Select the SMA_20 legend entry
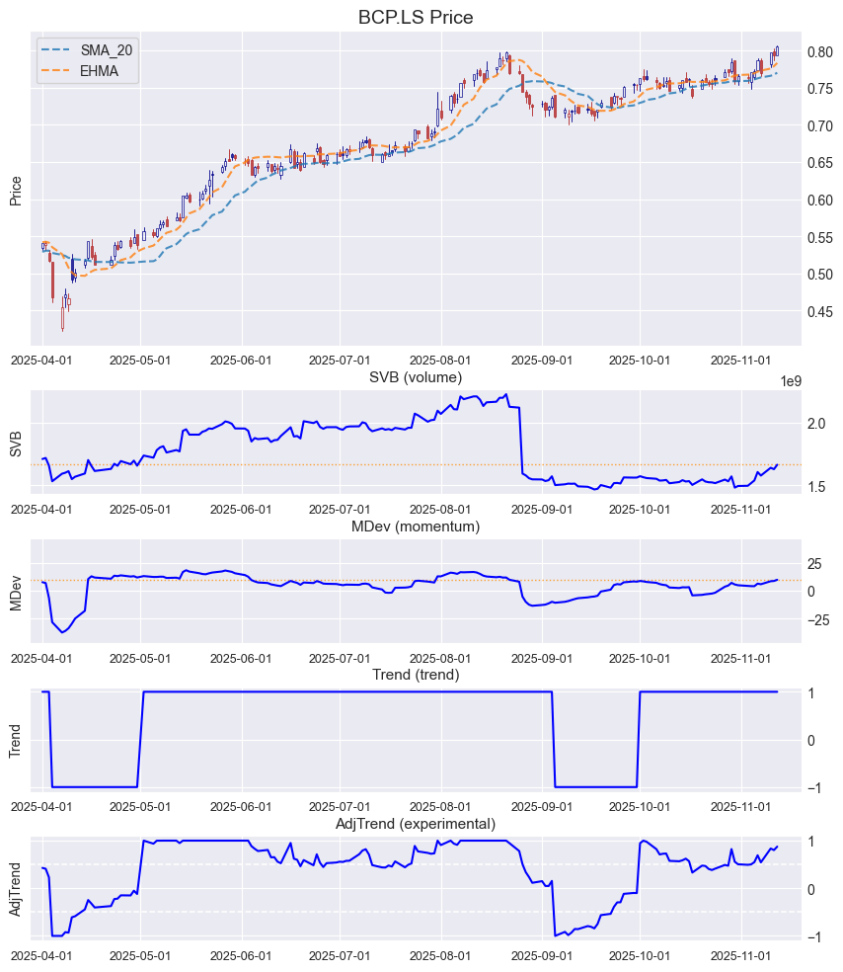tap(106, 50)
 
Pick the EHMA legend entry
tap(99, 71)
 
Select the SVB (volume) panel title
tap(416, 377)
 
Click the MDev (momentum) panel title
tap(416, 526)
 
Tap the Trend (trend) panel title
tap(416, 675)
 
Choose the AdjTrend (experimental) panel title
tap(416, 824)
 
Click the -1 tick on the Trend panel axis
tap(811, 788)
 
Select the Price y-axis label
tap(16, 190)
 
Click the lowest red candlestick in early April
tap(62, 318)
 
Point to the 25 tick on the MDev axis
tap(815, 564)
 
